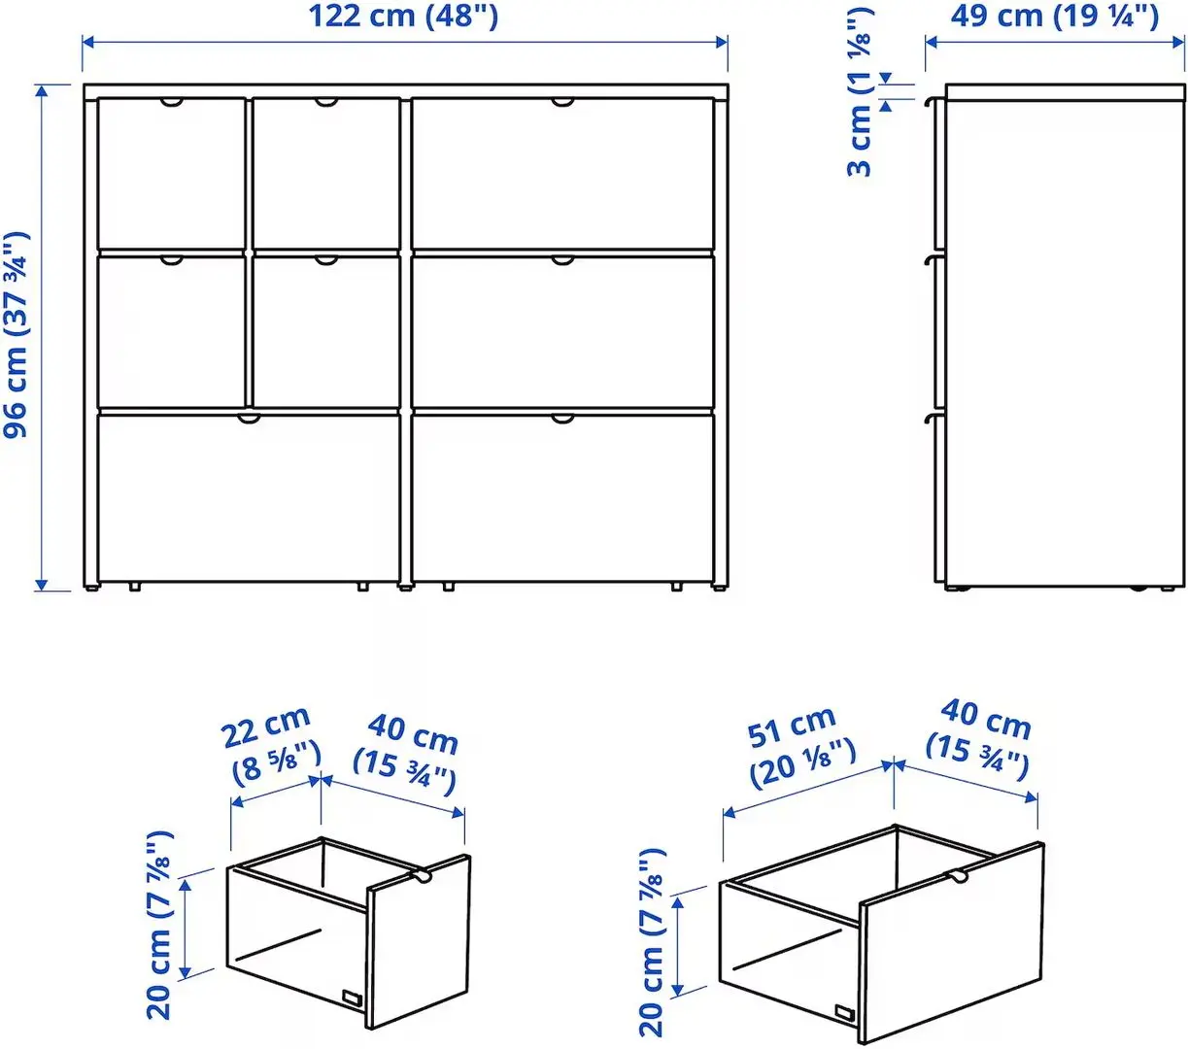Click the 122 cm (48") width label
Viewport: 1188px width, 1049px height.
click(x=403, y=17)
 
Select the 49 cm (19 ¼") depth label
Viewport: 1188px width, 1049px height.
click(x=1055, y=17)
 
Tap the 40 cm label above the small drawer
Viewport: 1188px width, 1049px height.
click(x=408, y=754)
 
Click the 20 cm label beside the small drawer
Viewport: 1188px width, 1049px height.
click(x=160, y=924)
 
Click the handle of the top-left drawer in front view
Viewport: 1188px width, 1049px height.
click(x=171, y=102)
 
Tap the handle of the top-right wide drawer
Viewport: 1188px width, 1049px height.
click(x=562, y=102)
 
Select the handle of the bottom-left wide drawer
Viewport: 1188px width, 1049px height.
click(x=250, y=419)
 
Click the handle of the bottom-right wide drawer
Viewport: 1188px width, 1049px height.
click(x=562, y=419)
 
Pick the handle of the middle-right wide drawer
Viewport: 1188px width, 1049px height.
click(x=562, y=260)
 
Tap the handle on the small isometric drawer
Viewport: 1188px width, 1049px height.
click(x=423, y=876)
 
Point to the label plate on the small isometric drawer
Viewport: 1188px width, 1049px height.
click(x=351, y=999)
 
